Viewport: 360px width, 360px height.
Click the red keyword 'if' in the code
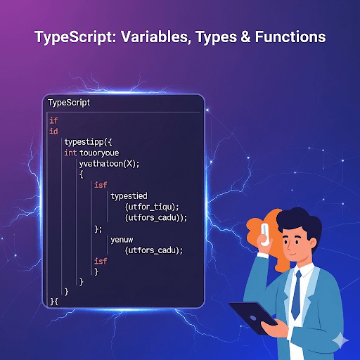[53, 120]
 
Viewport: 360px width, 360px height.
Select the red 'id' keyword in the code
[53, 131]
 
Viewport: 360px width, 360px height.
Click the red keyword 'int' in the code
[70, 153]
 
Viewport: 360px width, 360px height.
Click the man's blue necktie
[295, 285]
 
